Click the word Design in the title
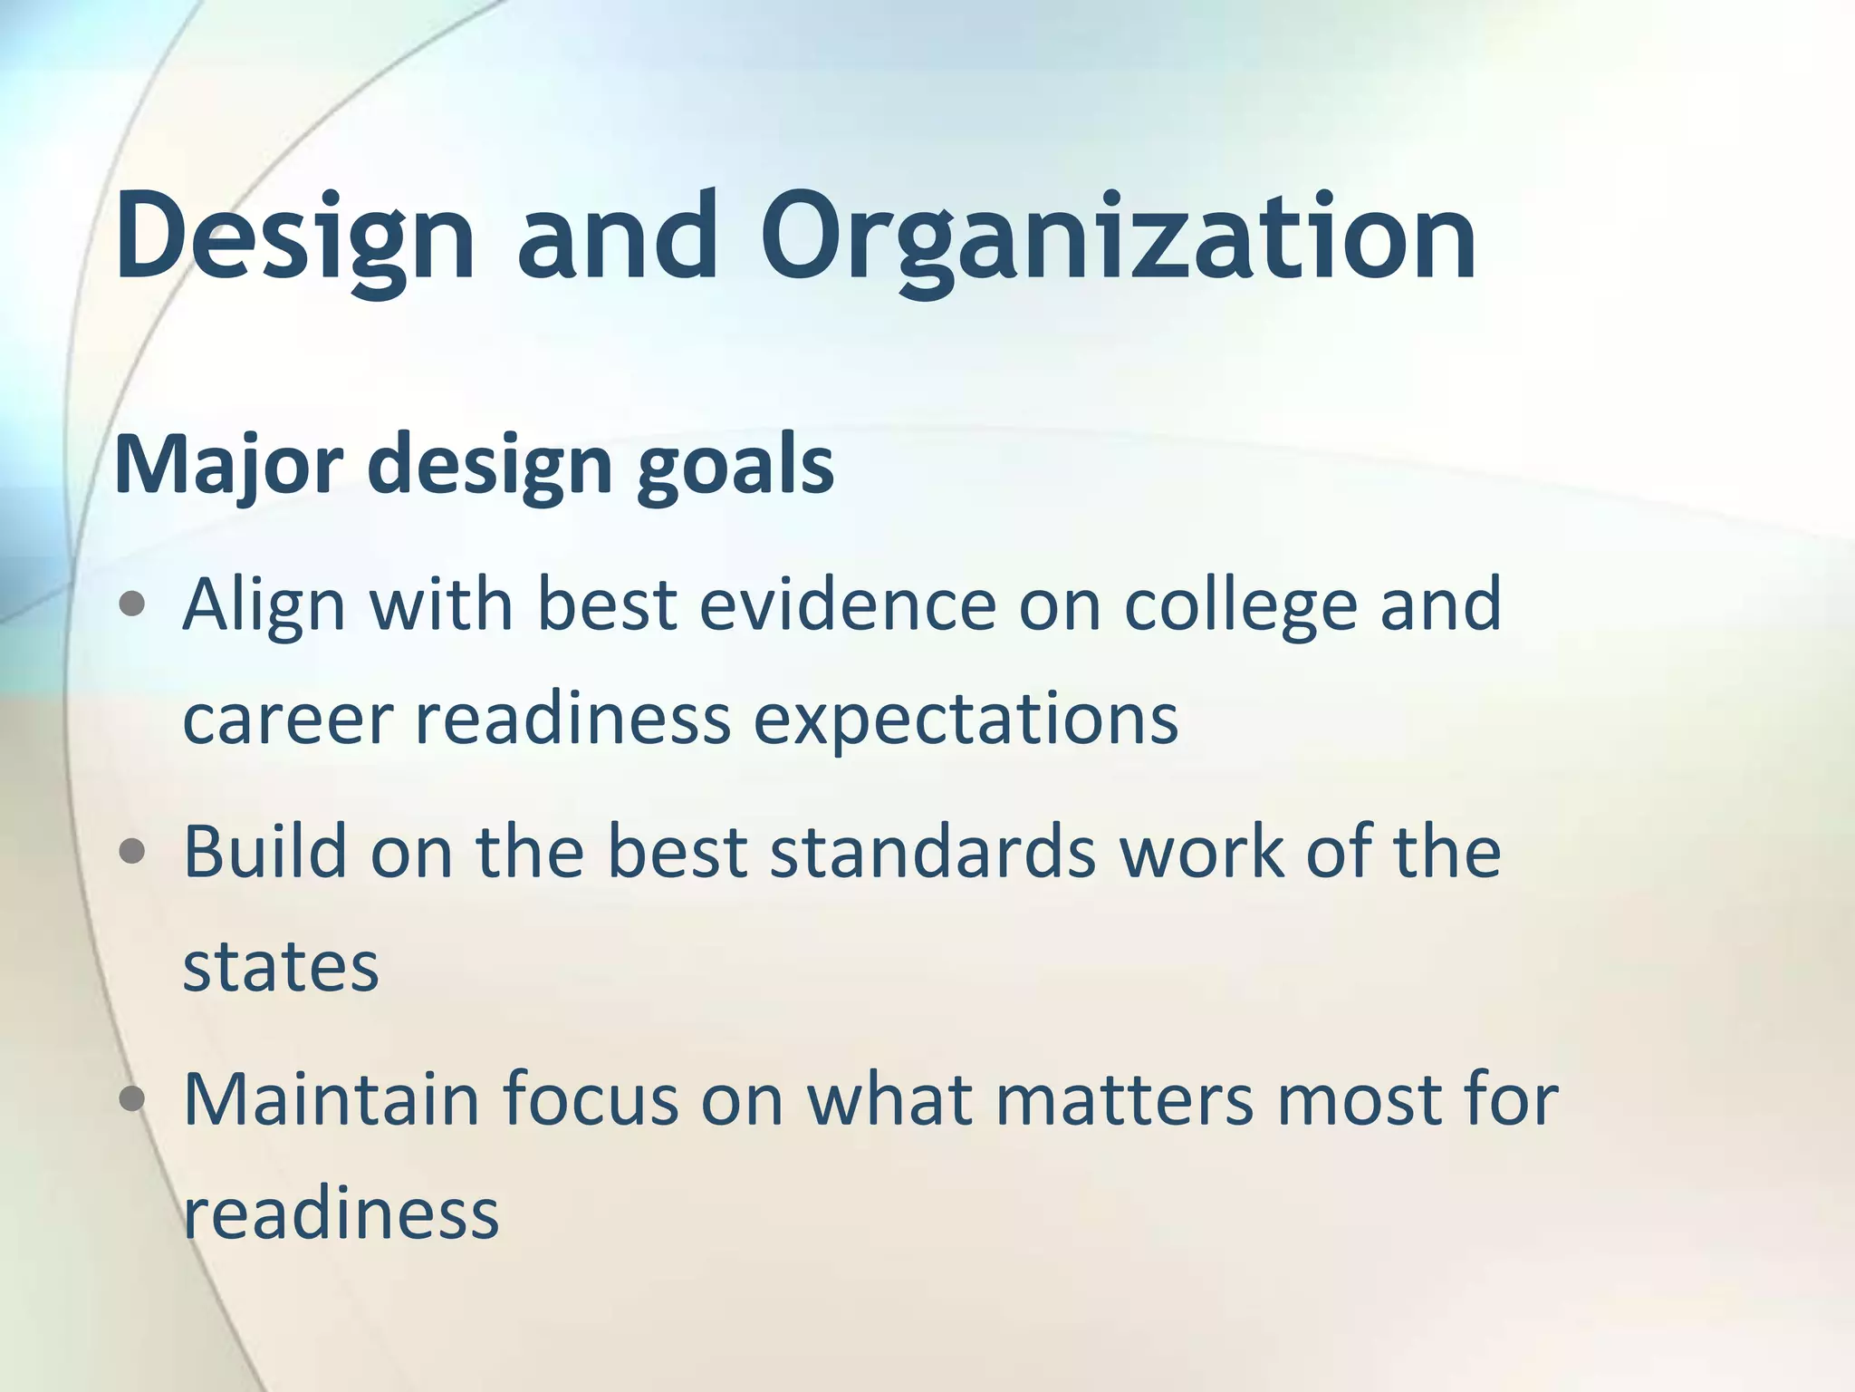click(x=294, y=237)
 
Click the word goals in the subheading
click(x=735, y=465)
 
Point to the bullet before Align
click(x=132, y=604)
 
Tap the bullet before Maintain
click(x=132, y=1099)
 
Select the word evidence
click(x=848, y=604)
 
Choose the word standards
click(x=933, y=852)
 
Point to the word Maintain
click(x=331, y=1099)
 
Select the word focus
click(x=590, y=1099)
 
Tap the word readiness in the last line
click(x=341, y=1214)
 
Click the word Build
click(x=265, y=852)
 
